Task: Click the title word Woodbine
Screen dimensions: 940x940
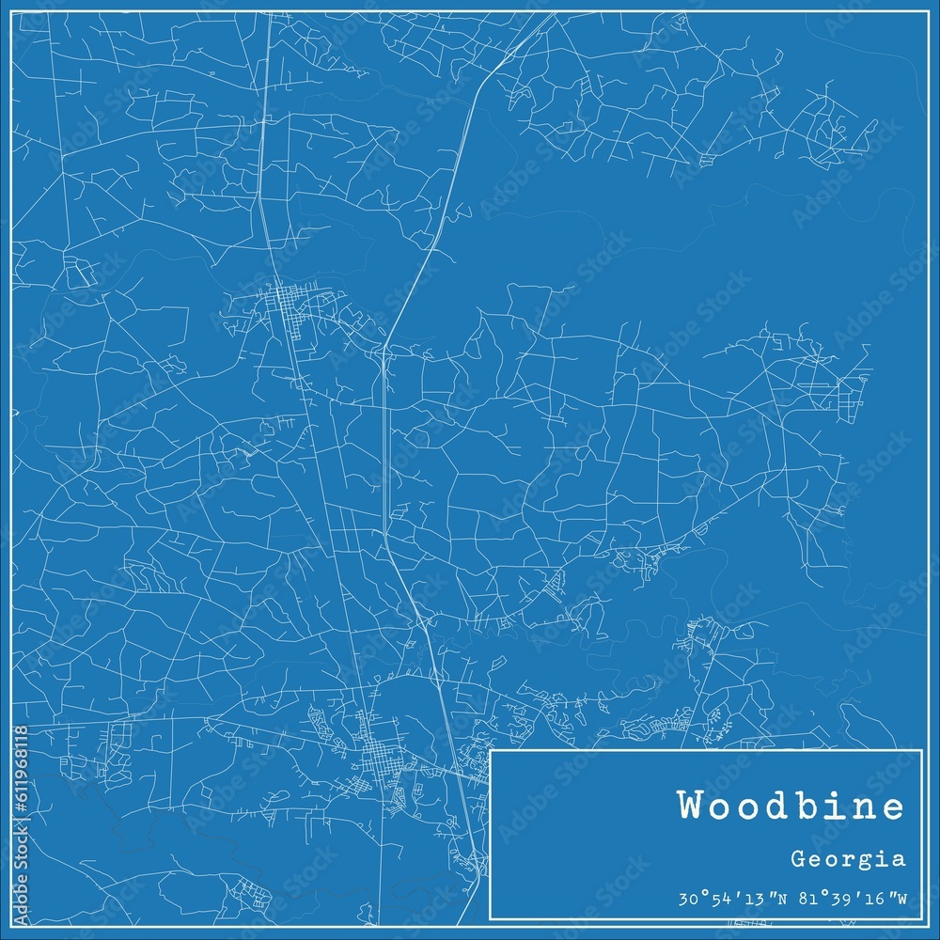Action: point(791,807)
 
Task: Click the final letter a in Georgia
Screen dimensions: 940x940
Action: point(900,858)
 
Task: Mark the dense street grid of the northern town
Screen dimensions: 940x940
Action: point(287,310)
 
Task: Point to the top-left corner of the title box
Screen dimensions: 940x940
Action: point(492,751)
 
